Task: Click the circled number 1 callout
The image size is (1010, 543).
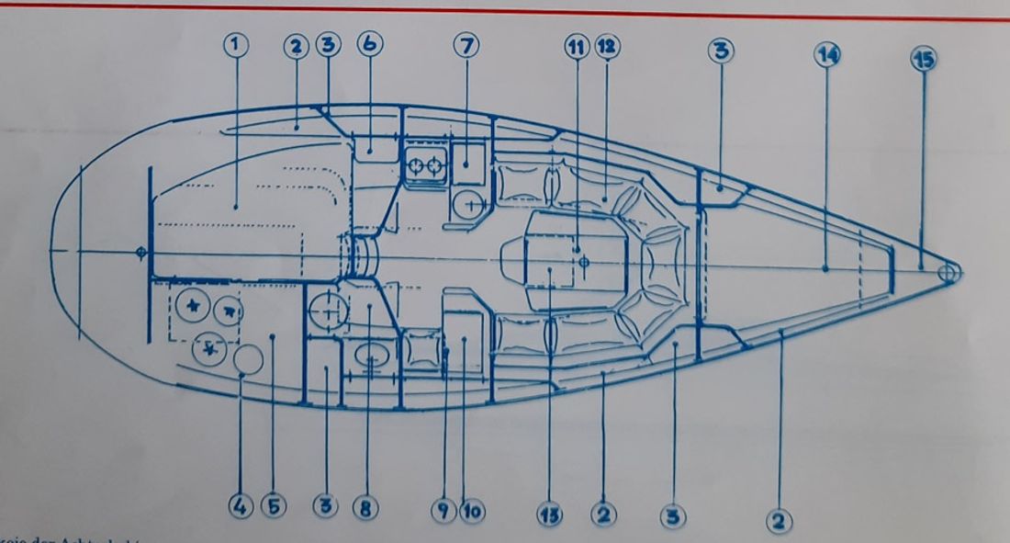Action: tap(236, 44)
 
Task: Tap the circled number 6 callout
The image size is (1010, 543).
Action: tap(372, 44)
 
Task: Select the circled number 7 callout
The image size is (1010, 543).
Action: tap(466, 44)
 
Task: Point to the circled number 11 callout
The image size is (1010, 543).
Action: tap(576, 48)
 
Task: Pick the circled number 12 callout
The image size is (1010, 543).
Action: tap(605, 48)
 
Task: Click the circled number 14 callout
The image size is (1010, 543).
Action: tap(826, 54)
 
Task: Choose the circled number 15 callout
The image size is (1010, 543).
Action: tap(922, 59)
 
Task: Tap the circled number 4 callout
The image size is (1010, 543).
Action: tap(241, 507)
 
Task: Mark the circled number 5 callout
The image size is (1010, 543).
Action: tap(272, 507)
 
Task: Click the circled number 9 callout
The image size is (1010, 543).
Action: tap(443, 510)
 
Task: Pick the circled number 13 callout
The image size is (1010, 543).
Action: tap(551, 514)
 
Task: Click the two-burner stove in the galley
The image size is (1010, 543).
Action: tap(425, 165)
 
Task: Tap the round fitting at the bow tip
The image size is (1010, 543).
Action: tap(948, 273)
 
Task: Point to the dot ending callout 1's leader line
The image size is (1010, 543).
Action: tap(236, 208)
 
